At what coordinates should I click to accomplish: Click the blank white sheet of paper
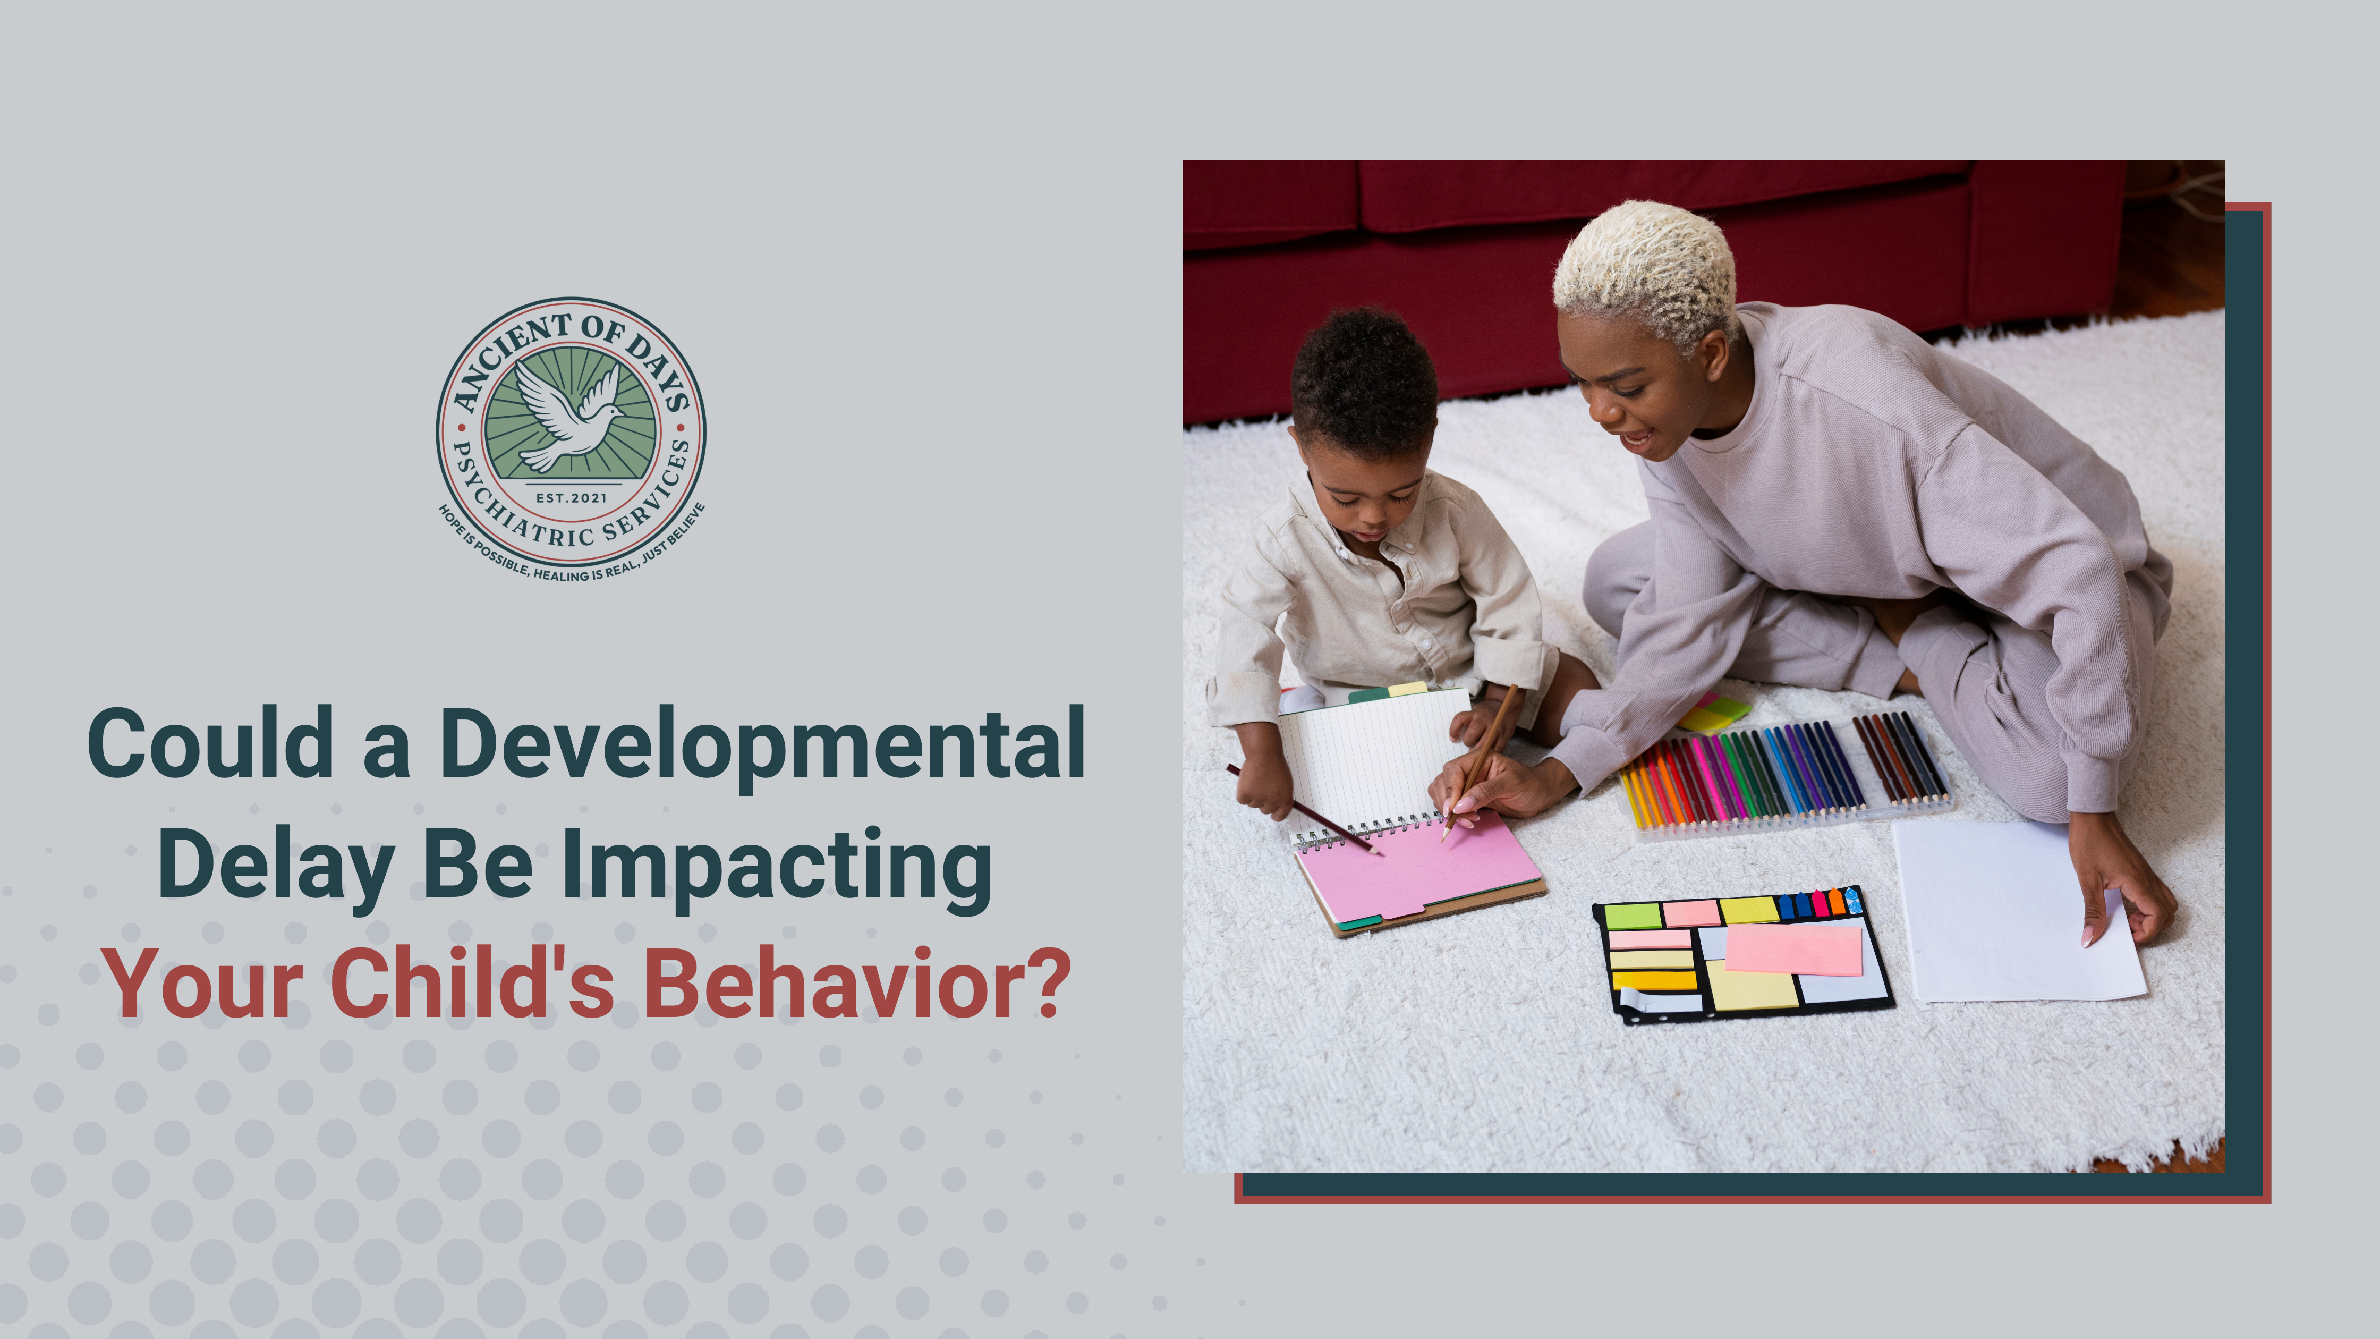pos(2014,915)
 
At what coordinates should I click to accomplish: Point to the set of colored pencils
pos(1783,772)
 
